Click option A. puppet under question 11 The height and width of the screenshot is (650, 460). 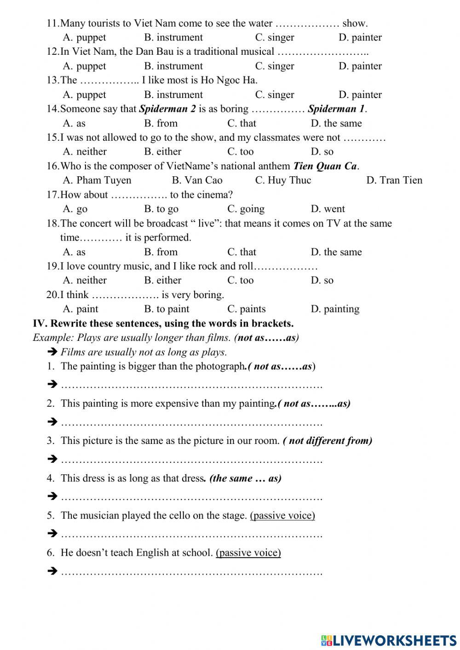(84, 37)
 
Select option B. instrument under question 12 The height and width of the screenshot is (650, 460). (173, 66)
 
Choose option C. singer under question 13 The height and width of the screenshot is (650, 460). (274, 94)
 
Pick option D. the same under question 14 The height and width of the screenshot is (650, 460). (336, 123)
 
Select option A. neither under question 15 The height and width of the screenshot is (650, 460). (85, 151)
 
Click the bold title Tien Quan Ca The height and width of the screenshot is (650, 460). (325, 166)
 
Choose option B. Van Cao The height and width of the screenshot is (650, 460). (197, 180)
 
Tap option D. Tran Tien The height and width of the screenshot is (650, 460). (394, 180)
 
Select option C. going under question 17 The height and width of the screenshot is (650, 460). (246, 209)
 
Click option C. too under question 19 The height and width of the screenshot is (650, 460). (240, 280)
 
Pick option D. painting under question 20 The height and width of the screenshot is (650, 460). (335, 309)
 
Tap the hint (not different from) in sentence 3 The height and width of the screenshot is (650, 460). (328, 441)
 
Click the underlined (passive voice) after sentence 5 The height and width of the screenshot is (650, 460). (282, 515)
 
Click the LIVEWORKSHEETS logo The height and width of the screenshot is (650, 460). (389, 640)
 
